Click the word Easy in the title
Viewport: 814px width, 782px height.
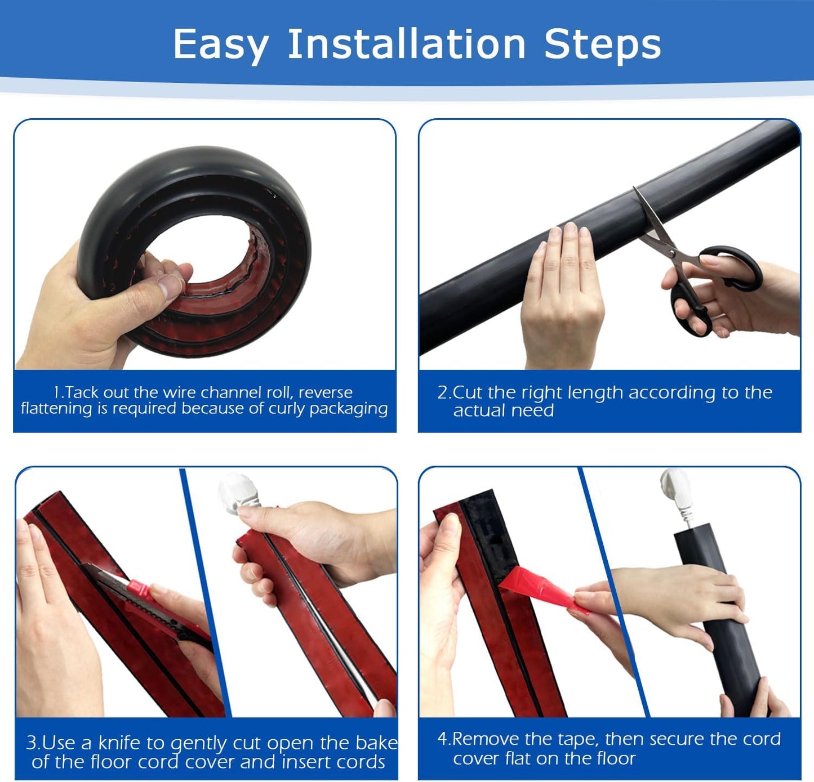click(220, 45)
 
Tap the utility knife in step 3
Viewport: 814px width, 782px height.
click(141, 597)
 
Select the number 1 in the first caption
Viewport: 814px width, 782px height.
click(57, 392)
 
